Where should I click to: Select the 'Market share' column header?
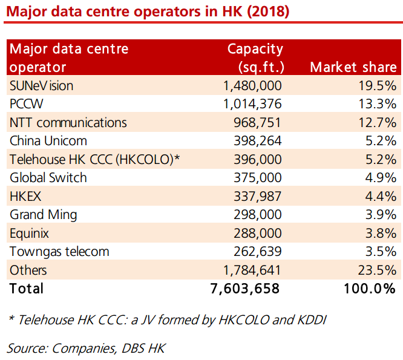pyautogui.click(x=353, y=67)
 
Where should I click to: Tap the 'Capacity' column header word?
pyautogui.click(x=255, y=48)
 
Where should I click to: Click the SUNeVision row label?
pyautogui.click(x=41, y=86)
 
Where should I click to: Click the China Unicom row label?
pyautogui.click(x=48, y=141)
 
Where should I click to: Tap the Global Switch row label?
pyautogui.click(x=48, y=178)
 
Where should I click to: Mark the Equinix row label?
pyautogui.click(x=29, y=233)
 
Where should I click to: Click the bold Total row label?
pyautogui.click(x=27, y=289)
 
